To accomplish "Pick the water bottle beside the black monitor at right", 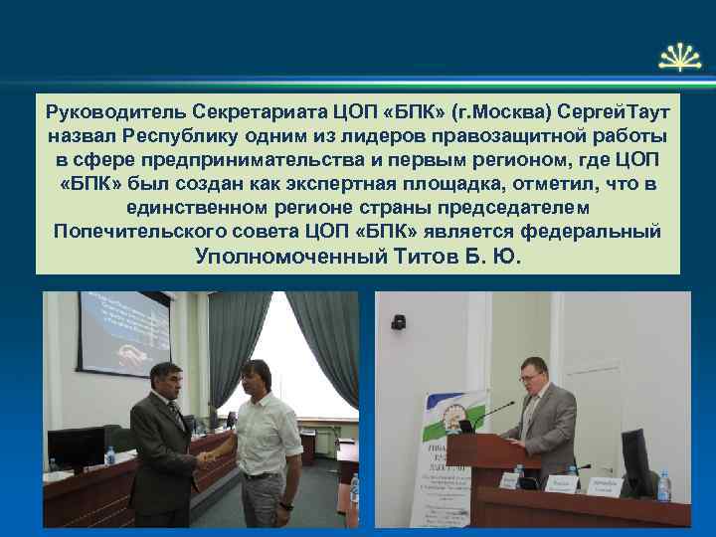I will coord(663,485).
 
